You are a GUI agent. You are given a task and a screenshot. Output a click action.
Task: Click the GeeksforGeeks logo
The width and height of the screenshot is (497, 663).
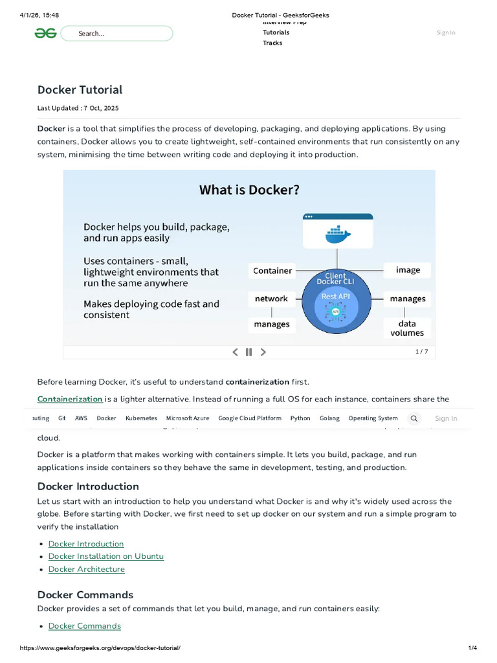[46, 34]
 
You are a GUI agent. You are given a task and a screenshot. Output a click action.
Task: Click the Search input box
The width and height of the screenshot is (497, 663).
[116, 34]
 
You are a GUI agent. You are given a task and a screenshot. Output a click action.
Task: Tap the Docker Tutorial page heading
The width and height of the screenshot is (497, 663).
[80, 89]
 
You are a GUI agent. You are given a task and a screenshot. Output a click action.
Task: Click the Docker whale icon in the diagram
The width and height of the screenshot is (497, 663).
[337, 234]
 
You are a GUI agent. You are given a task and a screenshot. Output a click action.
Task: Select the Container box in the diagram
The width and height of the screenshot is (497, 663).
[272, 271]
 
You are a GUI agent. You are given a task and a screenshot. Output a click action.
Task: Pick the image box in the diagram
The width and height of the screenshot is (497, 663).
[408, 270]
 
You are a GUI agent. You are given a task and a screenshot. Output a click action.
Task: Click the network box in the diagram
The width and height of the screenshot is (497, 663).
[271, 298]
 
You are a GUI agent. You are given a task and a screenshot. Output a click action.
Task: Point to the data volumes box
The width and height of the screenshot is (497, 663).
[407, 328]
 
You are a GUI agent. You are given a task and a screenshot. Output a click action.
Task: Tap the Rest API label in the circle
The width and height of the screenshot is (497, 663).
[335, 297]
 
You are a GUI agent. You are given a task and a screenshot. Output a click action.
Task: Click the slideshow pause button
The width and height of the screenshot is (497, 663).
[248, 352]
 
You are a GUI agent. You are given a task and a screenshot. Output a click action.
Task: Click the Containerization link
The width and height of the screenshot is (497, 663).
[70, 399]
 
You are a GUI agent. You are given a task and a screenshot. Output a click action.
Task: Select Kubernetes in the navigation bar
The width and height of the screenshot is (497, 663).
[141, 418]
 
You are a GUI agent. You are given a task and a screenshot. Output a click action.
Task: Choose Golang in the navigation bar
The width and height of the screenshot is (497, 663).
[329, 418]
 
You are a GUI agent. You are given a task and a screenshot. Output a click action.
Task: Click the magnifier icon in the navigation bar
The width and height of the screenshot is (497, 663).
[414, 418]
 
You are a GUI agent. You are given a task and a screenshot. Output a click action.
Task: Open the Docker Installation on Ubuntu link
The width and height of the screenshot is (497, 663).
[105, 556]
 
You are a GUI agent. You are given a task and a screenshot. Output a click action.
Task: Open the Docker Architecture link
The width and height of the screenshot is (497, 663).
[86, 569]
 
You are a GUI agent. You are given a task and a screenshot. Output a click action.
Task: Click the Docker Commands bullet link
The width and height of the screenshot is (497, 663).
[84, 625]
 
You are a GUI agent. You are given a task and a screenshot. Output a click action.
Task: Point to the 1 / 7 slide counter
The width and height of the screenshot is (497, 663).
[421, 352]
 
